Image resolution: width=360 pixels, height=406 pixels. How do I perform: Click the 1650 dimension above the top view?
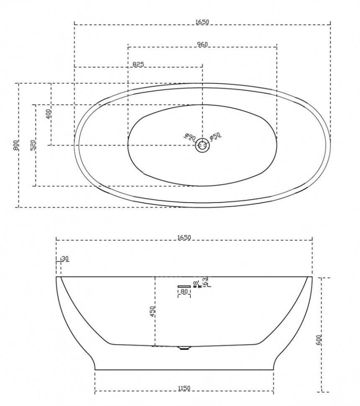pyautogui.click(x=202, y=22)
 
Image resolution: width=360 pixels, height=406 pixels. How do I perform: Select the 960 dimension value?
pyautogui.click(x=202, y=44)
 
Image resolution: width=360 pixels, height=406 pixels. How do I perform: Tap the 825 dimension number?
pyautogui.click(x=138, y=64)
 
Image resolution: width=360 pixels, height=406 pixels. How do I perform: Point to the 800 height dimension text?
pyautogui.click(x=15, y=145)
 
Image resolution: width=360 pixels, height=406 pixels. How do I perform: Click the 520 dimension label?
pyautogui.click(x=33, y=145)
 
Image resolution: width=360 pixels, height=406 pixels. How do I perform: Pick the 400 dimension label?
pyautogui.click(x=48, y=114)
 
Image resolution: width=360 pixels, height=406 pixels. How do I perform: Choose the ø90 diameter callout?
pyautogui.click(x=190, y=137)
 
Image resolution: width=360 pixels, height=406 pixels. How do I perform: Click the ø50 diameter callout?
pyautogui.click(x=215, y=136)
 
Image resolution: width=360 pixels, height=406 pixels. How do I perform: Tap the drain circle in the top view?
pyautogui.click(x=203, y=145)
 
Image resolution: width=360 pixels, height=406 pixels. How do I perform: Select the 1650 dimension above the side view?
pyautogui.click(x=184, y=237)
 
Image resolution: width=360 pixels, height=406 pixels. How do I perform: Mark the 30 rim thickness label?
pyautogui.click(x=64, y=259)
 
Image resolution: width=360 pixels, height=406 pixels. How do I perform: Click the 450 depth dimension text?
pyautogui.click(x=153, y=311)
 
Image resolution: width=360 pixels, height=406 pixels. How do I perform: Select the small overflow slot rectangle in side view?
pyautogui.click(x=184, y=286)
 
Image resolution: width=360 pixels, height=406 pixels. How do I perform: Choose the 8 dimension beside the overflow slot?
pyautogui.click(x=195, y=283)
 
